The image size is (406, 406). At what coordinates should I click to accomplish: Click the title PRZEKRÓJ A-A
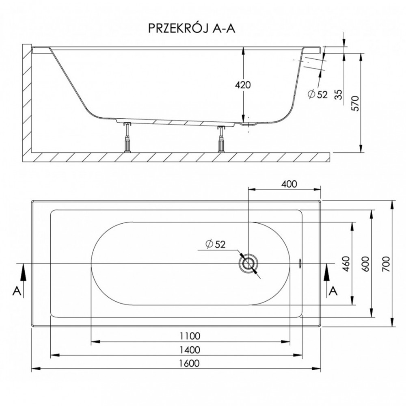[x=192, y=28]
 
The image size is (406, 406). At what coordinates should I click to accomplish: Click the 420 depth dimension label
[x=243, y=85]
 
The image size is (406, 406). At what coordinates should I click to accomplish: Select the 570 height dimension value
[x=356, y=103]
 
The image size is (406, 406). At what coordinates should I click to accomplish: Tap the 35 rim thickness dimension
[x=339, y=94]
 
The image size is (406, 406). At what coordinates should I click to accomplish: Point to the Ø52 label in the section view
[x=317, y=94]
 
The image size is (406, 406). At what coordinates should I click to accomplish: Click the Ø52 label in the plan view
[x=216, y=244]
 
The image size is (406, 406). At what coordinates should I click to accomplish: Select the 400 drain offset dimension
[x=289, y=184]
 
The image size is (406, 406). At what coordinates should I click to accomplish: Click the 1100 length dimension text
[x=190, y=336]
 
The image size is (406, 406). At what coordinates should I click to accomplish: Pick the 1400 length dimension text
[x=190, y=350]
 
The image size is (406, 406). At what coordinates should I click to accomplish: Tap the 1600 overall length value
[x=189, y=363]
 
